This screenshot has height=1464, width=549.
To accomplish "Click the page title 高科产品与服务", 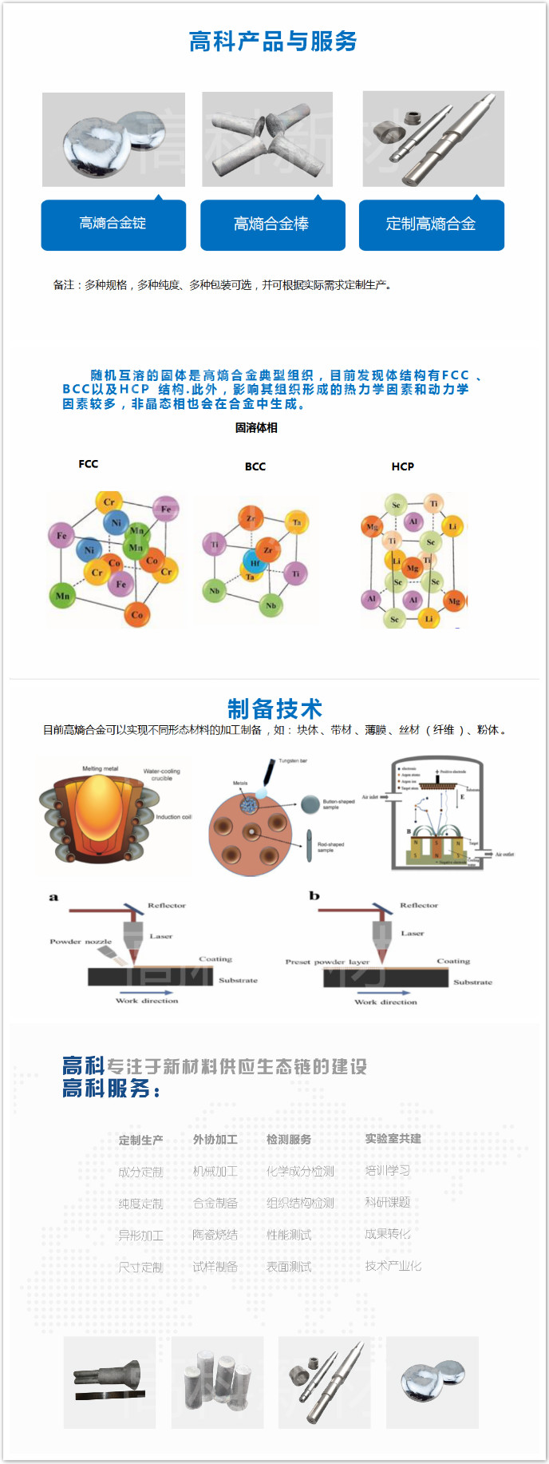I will click(273, 42).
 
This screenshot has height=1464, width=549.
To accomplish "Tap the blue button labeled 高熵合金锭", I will click(113, 224).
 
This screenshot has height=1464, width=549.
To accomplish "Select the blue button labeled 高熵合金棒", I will click(271, 224).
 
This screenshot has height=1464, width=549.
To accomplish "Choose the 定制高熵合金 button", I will click(431, 224).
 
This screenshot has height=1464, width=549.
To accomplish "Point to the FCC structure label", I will click(89, 464).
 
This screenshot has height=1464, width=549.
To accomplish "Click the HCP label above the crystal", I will click(403, 466).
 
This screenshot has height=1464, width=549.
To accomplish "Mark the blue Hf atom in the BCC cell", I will click(255, 562).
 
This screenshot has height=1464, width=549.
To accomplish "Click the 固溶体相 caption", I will click(256, 428).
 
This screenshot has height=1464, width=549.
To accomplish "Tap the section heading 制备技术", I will click(274, 708).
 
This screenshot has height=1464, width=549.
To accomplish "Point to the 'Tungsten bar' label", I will click(293, 761).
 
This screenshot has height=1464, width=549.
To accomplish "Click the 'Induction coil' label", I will click(173, 817).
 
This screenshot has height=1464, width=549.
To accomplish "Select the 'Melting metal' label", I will click(100, 768).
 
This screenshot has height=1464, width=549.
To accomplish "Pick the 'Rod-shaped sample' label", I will click(330, 847).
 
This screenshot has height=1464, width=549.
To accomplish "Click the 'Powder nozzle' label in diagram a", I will click(81, 942).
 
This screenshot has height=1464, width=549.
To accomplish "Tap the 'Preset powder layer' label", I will click(327, 962).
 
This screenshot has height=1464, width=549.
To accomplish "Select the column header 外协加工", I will click(215, 1140).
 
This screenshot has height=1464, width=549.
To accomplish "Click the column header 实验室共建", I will click(393, 1139).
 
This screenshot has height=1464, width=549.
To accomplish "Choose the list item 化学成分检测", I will click(300, 1172).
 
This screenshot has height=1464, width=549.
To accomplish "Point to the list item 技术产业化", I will click(393, 1266).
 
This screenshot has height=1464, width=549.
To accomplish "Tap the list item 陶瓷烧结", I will click(215, 1235).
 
